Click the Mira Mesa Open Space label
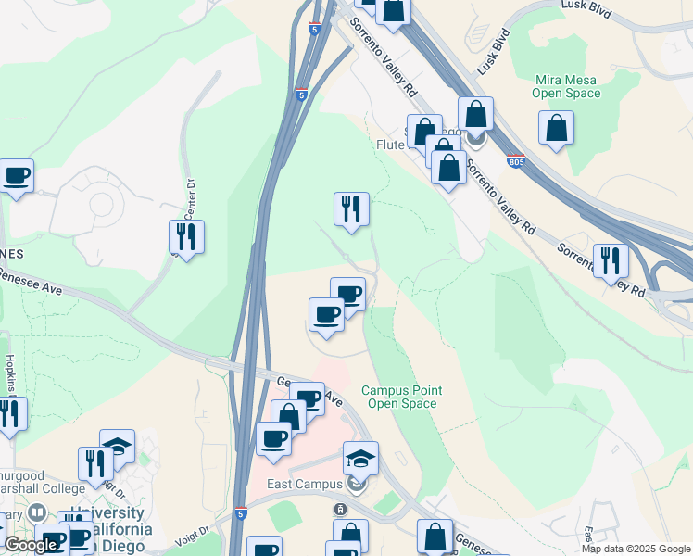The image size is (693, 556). [566, 86]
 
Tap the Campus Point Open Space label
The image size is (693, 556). [400, 397]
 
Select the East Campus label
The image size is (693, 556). [301, 484]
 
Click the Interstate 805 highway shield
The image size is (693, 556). [517, 161]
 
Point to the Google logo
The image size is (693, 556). [31, 544]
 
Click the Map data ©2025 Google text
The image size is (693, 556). [636, 549]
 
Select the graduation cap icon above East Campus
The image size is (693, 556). [360, 458]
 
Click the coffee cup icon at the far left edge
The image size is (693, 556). [17, 175]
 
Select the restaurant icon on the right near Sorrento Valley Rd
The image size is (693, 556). [611, 260]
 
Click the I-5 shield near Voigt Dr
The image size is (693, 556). [242, 512]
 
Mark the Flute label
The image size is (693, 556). [391, 145]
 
